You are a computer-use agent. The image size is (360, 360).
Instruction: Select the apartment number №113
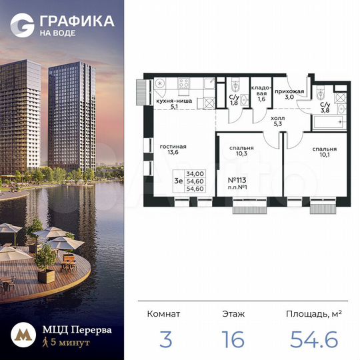tap(237, 181)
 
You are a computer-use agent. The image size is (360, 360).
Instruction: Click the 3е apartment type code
tap(178, 180)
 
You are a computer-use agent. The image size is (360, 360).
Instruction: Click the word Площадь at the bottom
tap(309, 313)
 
